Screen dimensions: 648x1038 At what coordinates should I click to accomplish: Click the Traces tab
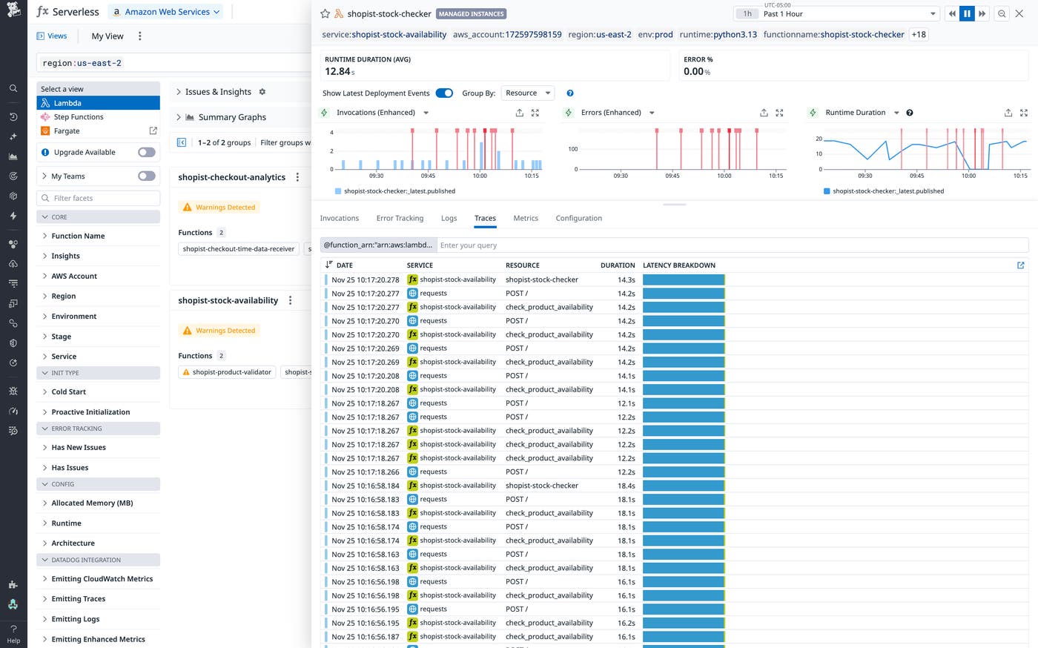(485, 218)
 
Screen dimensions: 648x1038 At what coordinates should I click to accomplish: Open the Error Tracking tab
(400, 218)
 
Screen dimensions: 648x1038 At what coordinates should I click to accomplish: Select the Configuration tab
(578, 218)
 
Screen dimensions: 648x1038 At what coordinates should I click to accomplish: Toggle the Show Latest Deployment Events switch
(444, 93)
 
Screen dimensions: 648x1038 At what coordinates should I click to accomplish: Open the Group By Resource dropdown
(528, 93)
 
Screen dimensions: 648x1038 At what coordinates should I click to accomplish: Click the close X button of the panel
(1019, 13)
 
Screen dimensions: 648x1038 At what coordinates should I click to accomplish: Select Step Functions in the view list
(78, 117)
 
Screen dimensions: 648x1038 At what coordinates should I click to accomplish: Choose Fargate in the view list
(67, 131)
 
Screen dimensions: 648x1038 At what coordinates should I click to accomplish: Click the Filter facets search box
(99, 198)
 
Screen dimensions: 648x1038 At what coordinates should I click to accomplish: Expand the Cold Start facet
(68, 391)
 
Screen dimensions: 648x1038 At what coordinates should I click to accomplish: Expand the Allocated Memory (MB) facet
(92, 503)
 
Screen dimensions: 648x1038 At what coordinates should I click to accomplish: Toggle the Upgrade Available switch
(147, 152)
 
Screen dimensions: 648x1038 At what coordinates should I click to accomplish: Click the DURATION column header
(617, 265)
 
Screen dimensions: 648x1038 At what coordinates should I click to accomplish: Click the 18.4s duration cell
(626, 486)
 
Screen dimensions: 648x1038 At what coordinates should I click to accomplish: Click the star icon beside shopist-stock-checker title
(325, 14)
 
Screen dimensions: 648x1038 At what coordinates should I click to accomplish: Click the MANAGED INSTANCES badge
(471, 14)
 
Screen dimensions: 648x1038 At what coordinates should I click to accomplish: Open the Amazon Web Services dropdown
(167, 12)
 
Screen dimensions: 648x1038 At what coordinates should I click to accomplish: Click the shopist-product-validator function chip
(227, 372)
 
